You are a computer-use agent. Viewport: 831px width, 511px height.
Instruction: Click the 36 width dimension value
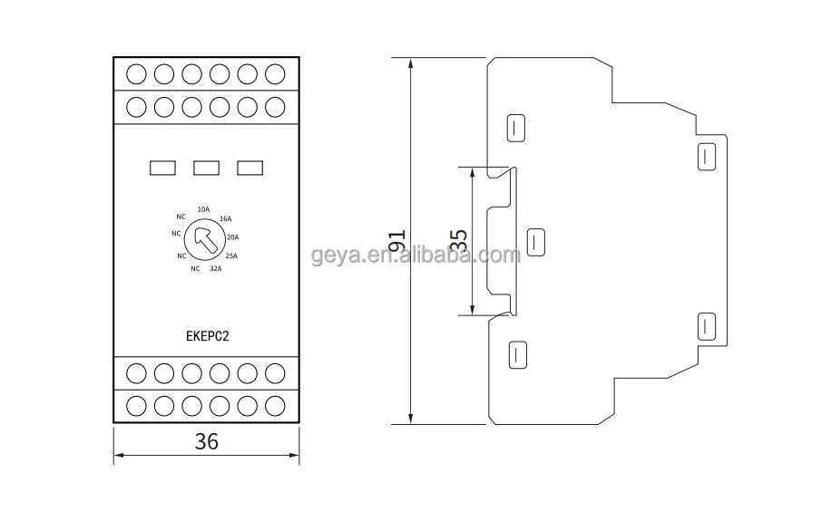(x=207, y=441)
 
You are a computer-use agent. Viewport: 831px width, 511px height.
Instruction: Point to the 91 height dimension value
(x=396, y=241)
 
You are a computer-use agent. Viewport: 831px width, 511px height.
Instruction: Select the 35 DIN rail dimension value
(x=459, y=241)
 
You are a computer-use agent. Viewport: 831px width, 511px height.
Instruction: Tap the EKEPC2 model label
(x=207, y=333)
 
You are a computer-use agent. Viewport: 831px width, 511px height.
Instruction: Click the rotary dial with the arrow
(x=203, y=241)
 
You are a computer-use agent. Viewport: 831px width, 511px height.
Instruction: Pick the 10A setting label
(x=203, y=210)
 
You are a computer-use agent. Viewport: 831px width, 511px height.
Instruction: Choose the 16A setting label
(x=225, y=219)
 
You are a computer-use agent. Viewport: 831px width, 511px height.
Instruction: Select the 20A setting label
(x=232, y=237)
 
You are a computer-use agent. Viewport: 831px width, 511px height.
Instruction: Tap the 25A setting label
(x=230, y=255)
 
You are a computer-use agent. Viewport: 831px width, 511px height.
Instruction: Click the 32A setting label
(x=216, y=269)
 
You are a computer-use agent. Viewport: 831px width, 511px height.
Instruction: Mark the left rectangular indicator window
(x=162, y=167)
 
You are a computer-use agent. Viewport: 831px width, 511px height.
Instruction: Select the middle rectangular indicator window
(x=207, y=167)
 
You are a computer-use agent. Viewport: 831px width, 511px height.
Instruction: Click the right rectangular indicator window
(x=250, y=167)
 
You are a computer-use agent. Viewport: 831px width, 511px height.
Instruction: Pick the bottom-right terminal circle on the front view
(x=275, y=405)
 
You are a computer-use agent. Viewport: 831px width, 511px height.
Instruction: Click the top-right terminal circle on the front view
(x=275, y=72)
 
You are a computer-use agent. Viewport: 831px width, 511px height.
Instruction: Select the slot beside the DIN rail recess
(x=536, y=242)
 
